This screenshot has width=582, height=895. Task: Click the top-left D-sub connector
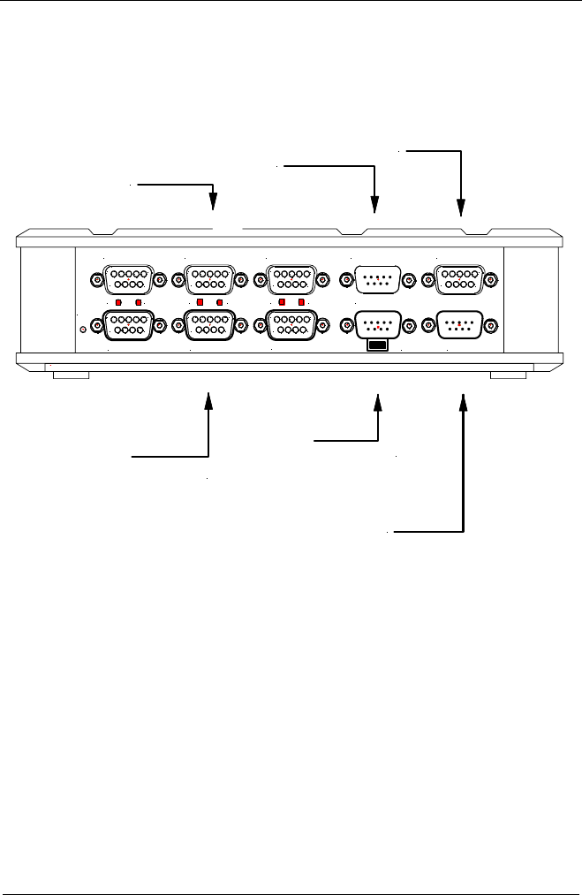click(x=129, y=280)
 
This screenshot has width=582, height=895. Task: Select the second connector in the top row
click(x=208, y=280)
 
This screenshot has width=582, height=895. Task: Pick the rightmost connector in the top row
click(x=460, y=280)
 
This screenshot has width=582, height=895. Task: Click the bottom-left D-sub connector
click(x=129, y=326)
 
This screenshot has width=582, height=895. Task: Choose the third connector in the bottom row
click(x=291, y=326)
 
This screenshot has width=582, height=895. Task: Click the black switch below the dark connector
click(x=377, y=345)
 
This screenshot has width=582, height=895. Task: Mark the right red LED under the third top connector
click(x=303, y=302)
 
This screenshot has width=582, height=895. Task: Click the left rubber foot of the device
click(x=71, y=375)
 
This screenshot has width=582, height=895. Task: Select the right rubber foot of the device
click(x=508, y=375)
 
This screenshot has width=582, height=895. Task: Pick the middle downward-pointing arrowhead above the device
click(x=376, y=206)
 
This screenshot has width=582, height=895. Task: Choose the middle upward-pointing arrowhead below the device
click(x=377, y=402)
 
